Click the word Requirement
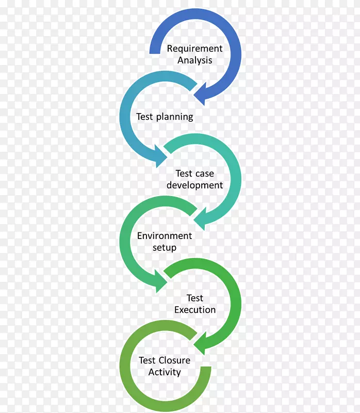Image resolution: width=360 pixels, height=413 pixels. tap(194, 49)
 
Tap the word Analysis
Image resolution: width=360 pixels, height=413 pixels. tap(195, 60)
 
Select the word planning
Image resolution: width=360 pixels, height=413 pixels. tap(174, 117)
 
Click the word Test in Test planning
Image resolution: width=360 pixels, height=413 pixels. tap(144, 117)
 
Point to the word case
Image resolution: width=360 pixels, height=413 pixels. tap(205, 173)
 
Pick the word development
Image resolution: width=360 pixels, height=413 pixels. tap(194, 185)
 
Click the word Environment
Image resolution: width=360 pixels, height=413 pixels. tap(164, 236)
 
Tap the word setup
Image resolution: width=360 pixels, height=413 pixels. tap(165, 248)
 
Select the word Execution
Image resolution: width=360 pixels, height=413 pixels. tap(194, 310)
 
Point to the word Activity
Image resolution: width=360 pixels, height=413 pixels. tap(165, 372)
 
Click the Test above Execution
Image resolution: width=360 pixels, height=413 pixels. tap(195, 298)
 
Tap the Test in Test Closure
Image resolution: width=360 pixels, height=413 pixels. tap(148, 360)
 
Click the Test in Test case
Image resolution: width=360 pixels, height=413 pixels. tap(184, 173)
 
